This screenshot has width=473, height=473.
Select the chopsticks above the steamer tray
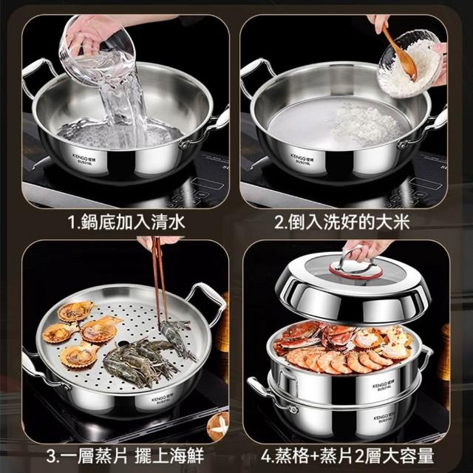pyautogui.click(x=160, y=281)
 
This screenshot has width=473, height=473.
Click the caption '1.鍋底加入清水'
pyautogui.click(x=126, y=222)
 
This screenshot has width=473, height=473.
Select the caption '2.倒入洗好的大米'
pyautogui.click(x=341, y=222)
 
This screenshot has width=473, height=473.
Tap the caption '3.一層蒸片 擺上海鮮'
pyautogui.click(x=125, y=455)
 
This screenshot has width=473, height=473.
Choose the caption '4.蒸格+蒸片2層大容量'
pyautogui.click(x=347, y=455)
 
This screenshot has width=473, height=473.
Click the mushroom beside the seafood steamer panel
pyautogui.click(x=218, y=426)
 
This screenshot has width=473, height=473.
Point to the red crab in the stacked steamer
pyautogui.click(x=299, y=336)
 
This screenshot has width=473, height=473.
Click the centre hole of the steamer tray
pyautogui.click(x=123, y=344)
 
